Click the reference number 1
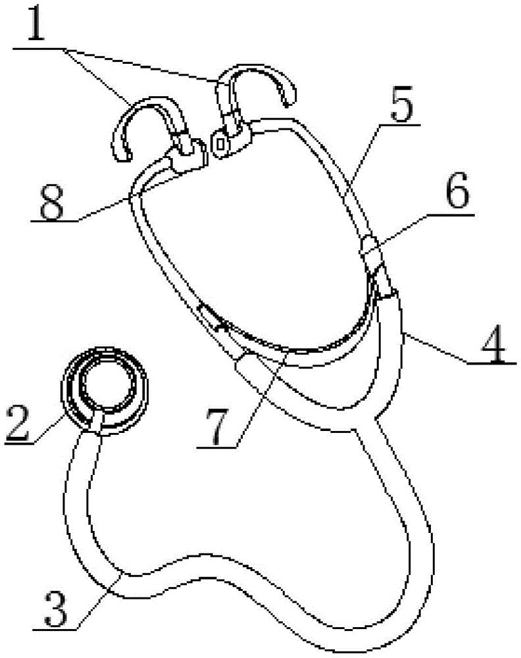(36, 24)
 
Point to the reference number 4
(495, 345)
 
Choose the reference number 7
(220, 428)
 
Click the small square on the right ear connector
(220, 143)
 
